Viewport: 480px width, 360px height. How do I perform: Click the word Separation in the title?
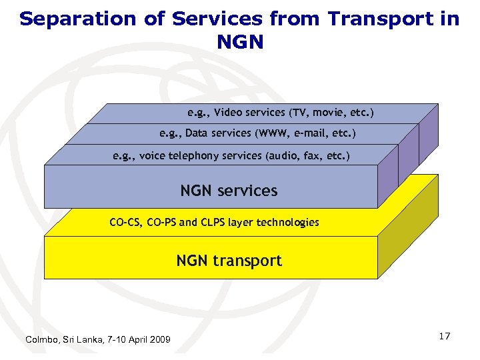74,19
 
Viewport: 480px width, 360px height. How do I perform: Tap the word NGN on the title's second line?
240,43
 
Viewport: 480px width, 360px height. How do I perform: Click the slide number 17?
445,336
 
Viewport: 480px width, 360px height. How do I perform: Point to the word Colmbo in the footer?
41,340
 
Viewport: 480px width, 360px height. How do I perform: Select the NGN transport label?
229,261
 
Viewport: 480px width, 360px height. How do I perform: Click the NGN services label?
229,191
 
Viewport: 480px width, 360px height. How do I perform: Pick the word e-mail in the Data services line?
305,133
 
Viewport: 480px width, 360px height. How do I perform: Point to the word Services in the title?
204,19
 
